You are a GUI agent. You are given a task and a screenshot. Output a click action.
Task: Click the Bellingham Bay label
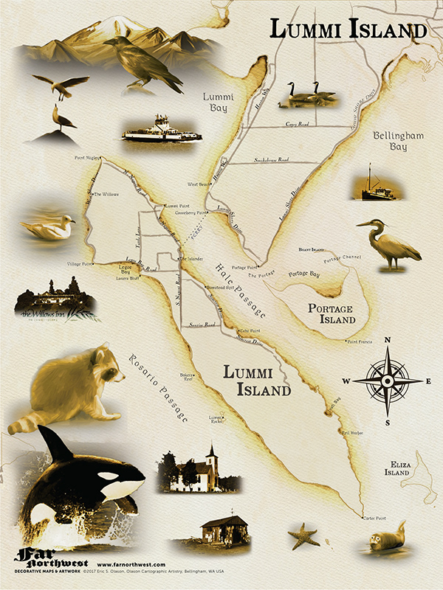394,142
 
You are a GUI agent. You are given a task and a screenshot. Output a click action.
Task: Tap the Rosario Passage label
157,384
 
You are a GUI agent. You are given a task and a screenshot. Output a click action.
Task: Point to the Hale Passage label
240,291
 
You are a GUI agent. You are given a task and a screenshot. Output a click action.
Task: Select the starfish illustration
303,535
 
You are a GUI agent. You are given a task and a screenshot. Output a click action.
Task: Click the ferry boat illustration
162,130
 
